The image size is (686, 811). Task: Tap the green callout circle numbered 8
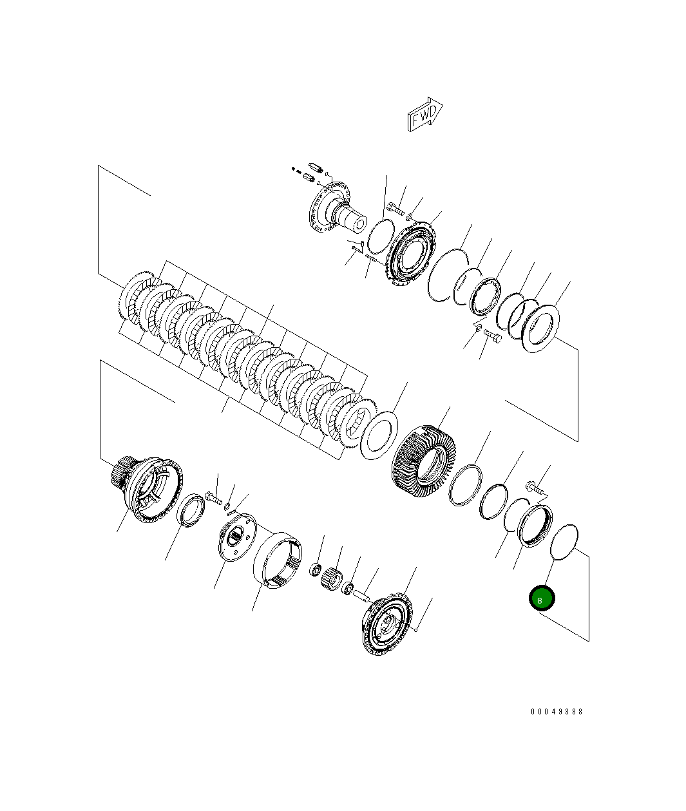(x=541, y=599)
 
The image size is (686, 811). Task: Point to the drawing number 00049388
(x=557, y=711)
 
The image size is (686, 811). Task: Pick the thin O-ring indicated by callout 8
(x=564, y=542)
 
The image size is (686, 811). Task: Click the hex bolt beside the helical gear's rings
(x=535, y=489)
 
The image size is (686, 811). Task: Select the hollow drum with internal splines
(x=277, y=558)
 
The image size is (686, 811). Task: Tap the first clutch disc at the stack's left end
(x=135, y=298)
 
